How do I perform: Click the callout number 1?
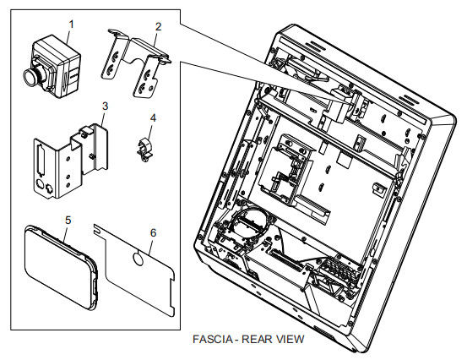71,25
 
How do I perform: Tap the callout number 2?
158,26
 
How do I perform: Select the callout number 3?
105,106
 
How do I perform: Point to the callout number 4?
153,118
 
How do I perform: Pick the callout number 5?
68,221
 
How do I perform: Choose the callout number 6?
153,232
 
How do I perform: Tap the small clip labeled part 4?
145,150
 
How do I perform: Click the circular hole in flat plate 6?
138,259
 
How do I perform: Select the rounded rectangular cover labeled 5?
61,267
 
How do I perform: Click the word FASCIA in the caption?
213,339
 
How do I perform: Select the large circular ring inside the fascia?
250,221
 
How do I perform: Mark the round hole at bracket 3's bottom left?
40,183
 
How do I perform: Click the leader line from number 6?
150,246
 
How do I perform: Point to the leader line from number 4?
150,132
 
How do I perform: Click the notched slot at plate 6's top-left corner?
96,229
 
